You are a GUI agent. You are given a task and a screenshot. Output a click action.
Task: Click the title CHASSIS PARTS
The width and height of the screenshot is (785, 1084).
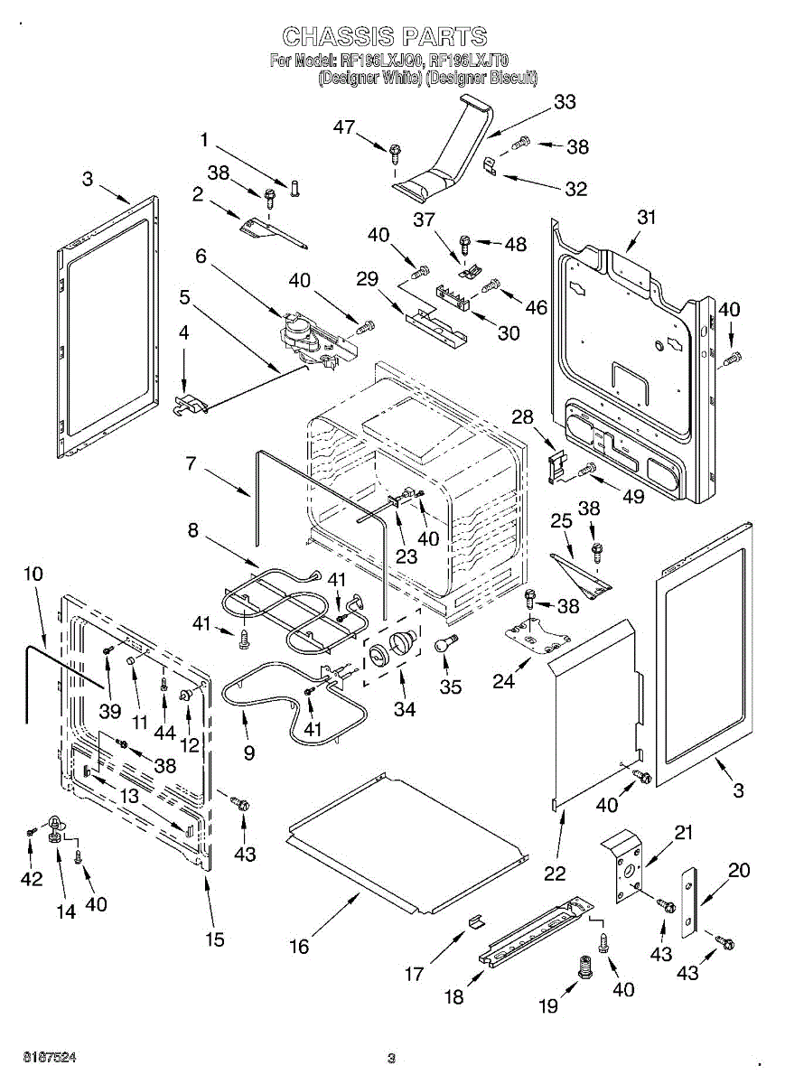click(x=385, y=37)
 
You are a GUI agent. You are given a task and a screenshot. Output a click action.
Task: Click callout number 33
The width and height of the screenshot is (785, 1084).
click(x=565, y=103)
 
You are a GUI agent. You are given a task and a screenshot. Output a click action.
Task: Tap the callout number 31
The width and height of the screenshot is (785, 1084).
click(x=646, y=218)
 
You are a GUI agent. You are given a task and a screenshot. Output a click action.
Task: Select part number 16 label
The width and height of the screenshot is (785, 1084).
click(x=299, y=946)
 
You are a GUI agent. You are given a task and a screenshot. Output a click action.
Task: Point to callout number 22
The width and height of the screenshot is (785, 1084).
click(x=555, y=874)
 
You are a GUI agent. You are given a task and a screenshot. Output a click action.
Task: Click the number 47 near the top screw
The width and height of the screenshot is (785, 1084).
click(x=344, y=127)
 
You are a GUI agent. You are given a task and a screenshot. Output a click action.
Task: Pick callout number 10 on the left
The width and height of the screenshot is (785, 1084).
click(x=33, y=574)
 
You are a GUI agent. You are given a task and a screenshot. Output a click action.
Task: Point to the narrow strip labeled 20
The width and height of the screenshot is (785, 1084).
click(x=690, y=902)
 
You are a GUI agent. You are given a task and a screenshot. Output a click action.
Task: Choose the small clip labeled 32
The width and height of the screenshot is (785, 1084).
click(x=490, y=165)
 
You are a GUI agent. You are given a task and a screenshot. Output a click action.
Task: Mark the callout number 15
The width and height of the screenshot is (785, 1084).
click(x=214, y=939)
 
